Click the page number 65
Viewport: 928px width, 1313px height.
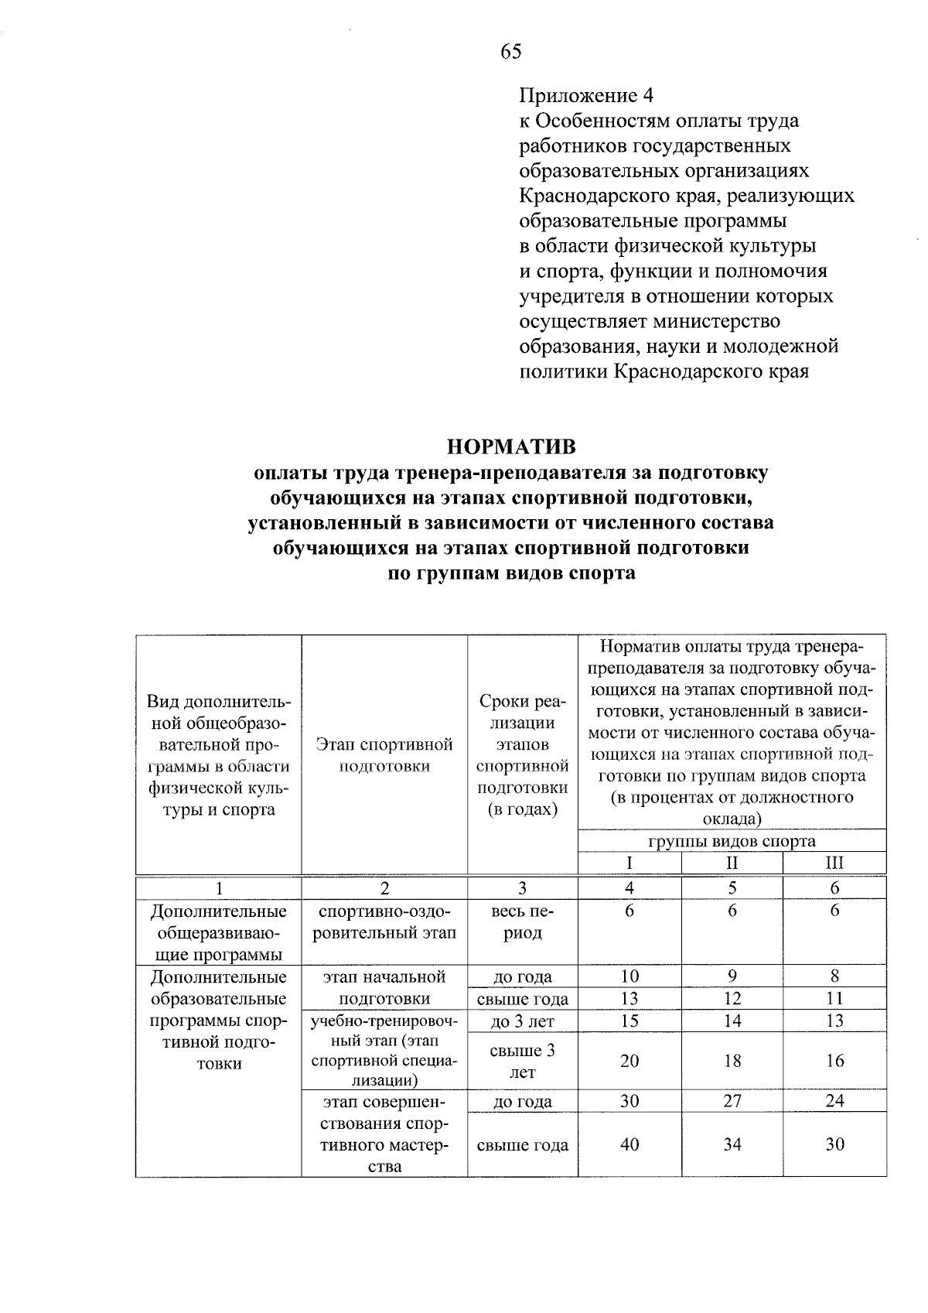point(511,52)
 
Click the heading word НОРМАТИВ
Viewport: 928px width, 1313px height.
point(511,447)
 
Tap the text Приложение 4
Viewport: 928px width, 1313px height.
point(586,96)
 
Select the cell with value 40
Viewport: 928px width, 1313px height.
point(629,1144)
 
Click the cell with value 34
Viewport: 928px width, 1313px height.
point(732,1144)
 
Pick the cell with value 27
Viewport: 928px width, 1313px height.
point(732,1101)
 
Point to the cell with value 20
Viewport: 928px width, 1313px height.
point(629,1061)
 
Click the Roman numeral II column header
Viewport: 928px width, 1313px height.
point(732,863)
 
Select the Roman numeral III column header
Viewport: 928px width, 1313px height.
point(834,863)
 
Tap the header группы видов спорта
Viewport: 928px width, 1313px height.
point(732,841)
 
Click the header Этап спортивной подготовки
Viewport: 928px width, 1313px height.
point(384,755)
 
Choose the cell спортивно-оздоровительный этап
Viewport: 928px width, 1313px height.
point(384,921)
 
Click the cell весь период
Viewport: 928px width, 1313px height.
point(523,921)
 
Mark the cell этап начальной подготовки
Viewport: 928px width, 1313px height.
point(384,987)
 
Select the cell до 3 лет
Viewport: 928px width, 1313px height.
point(523,1021)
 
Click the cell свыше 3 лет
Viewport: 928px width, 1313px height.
point(523,1061)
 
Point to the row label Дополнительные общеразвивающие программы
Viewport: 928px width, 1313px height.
point(219,933)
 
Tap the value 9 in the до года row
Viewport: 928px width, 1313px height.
point(732,976)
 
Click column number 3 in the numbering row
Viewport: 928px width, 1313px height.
point(523,888)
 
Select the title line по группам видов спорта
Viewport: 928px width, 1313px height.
point(511,573)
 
